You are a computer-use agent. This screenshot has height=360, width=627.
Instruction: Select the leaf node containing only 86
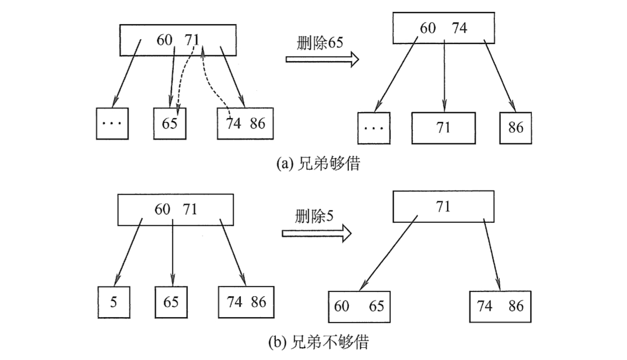(515, 128)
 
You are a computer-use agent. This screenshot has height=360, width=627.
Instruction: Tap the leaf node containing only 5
(113, 302)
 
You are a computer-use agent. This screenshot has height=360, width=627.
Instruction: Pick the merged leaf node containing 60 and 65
(359, 307)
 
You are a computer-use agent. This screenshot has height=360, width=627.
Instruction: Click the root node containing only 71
(443, 207)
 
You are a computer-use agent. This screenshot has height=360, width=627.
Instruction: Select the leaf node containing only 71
(443, 128)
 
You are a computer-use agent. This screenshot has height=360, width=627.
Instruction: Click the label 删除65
(320, 43)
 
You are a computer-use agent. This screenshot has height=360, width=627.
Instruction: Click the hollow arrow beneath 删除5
(317, 233)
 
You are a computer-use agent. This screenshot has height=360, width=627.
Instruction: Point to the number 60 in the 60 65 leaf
(342, 307)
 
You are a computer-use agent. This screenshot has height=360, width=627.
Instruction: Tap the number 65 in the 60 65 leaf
(376, 307)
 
